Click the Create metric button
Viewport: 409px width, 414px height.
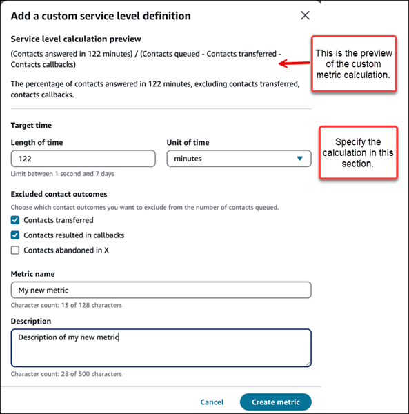click(275, 402)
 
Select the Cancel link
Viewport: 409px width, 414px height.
click(212, 402)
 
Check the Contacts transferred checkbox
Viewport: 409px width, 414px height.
click(15, 220)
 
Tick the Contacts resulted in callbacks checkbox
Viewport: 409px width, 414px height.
click(15, 235)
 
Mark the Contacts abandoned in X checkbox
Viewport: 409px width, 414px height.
click(15, 250)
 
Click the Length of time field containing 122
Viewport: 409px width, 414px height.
click(83, 159)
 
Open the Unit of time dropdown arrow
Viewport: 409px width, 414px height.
click(299, 159)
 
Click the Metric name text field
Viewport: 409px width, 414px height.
click(161, 290)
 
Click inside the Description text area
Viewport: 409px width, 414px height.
click(161, 347)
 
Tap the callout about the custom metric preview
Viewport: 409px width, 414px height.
click(354, 63)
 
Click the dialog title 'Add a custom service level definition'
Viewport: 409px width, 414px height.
click(101, 16)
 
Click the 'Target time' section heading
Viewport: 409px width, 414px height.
click(31, 126)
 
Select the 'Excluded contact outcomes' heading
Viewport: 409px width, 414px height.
click(59, 195)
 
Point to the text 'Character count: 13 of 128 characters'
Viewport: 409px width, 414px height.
click(66, 304)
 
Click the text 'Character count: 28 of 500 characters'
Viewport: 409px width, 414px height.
click(66, 374)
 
